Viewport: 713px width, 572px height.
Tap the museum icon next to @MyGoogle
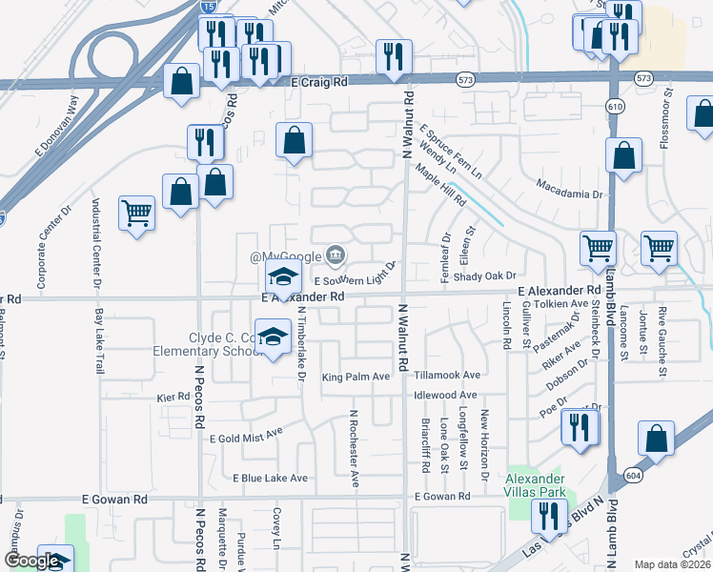click(336, 255)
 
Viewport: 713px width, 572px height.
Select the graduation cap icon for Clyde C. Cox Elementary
click(273, 338)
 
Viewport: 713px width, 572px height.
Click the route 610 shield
click(616, 106)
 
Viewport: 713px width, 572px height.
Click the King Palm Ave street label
click(356, 377)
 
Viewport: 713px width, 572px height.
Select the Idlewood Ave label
click(445, 395)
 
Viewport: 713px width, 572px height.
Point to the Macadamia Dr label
click(571, 188)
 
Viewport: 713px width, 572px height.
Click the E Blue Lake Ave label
click(270, 478)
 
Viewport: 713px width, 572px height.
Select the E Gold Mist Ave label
click(246, 434)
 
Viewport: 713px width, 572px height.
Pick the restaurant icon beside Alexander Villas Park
click(548, 518)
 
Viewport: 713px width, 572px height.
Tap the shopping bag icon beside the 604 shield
click(658, 440)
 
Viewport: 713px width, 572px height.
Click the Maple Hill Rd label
click(440, 185)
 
